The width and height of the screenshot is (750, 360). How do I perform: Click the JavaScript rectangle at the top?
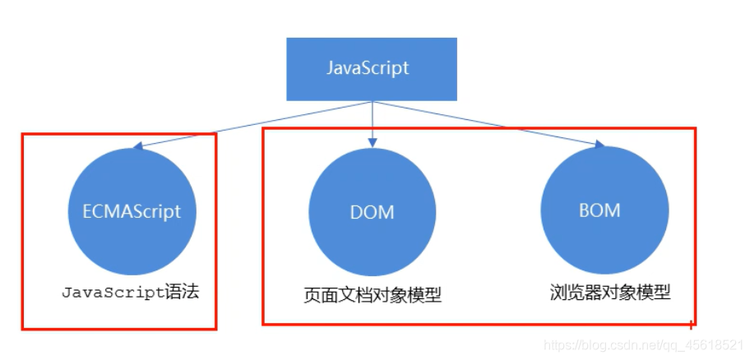372,68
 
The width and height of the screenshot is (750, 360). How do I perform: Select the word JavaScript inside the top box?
368,68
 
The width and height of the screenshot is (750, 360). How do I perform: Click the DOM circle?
373,212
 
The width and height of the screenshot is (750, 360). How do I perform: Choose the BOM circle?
600,210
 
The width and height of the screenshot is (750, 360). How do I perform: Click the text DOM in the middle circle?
373,212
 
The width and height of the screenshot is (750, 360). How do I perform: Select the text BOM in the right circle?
600,210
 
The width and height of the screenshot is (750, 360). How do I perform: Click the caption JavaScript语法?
130,292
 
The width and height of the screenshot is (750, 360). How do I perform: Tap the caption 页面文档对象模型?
372,294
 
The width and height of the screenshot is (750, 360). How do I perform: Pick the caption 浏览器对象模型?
610,292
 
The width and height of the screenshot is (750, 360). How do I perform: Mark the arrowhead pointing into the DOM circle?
373,143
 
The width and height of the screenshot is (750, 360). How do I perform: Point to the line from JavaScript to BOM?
485,123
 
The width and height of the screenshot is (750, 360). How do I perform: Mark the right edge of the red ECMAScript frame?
215,230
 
